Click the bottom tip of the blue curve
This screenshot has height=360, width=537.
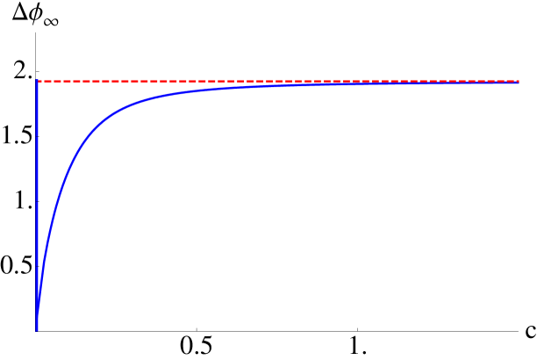pos(37,329)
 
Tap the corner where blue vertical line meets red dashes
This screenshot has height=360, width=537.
pos(37,82)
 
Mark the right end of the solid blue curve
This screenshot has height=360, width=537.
pos(519,83)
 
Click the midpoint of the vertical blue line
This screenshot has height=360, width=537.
pos(37,205)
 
